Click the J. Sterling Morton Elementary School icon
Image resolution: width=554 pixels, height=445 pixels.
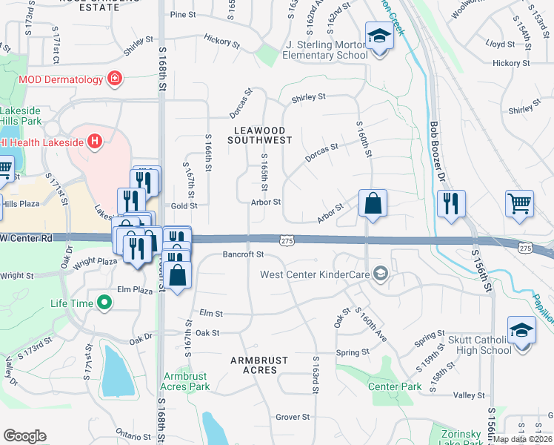[x=378, y=36]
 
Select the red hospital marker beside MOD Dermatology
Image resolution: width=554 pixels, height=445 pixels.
[x=115, y=78]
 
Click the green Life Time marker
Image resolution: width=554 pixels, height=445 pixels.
[x=104, y=303]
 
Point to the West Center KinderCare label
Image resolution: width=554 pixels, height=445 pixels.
[x=316, y=274]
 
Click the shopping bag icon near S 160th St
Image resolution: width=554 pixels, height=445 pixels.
[x=373, y=202]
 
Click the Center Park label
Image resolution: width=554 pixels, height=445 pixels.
[x=395, y=386]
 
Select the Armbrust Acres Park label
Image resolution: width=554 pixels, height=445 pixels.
[x=187, y=381]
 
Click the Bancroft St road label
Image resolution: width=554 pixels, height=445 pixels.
[x=243, y=254]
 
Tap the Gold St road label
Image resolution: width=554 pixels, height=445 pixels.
[x=184, y=205]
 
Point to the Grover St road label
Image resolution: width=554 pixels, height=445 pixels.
[x=293, y=418]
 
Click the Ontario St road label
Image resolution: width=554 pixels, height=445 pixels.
[x=133, y=436]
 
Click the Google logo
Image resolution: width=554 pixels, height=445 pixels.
[x=25, y=436]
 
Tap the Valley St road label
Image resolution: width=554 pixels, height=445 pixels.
[x=468, y=396]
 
